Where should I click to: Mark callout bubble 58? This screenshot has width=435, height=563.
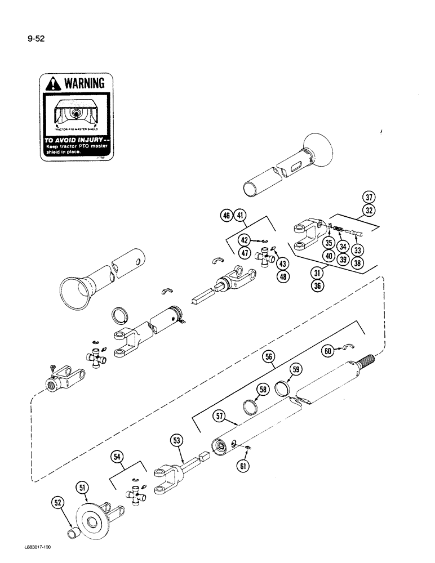pos(262,390)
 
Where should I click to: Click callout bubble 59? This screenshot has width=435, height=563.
pos(298,370)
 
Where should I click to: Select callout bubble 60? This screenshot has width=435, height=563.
pos(327,350)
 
